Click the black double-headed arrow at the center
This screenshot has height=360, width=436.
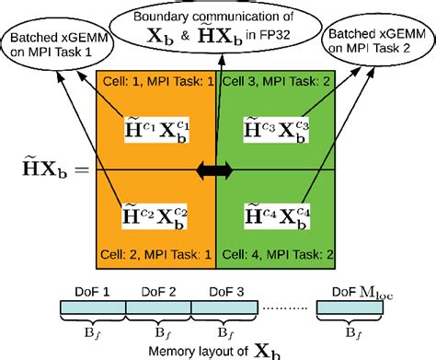tap(216, 170)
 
